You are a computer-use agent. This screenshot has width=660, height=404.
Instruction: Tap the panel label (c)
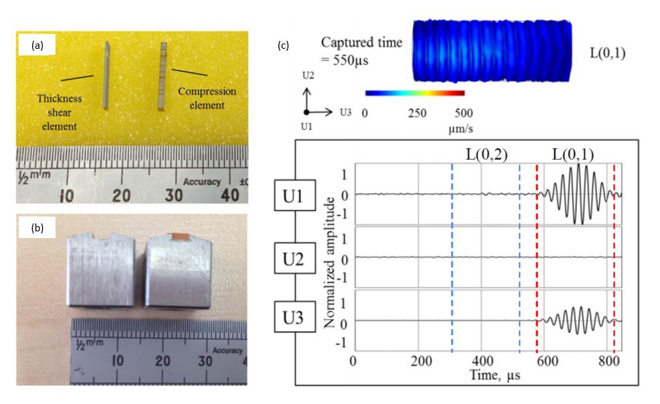283,45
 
